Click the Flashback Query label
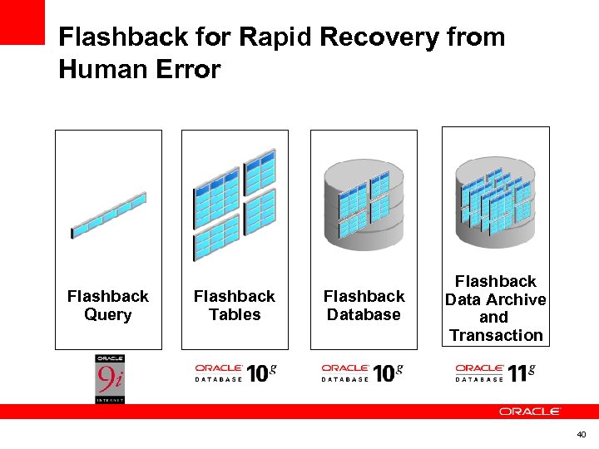pyautogui.click(x=108, y=305)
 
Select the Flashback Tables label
pyautogui.click(x=235, y=305)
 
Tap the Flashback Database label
pyautogui.click(x=364, y=305)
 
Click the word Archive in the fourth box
pyautogui.click(x=517, y=299)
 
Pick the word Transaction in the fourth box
pyautogui.click(x=496, y=335)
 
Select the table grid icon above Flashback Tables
pyautogui.click(x=234, y=205)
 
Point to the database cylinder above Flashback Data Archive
pyautogui.click(x=495, y=199)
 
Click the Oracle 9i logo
pyautogui.click(x=109, y=379)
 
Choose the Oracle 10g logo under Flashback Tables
pyautogui.click(x=235, y=373)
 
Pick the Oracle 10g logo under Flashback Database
pyautogui.click(x=362, y=373)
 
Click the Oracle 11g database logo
pyautogui.click(x=495, y=373)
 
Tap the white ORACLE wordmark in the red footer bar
pyautogui.click(x=530, y=412)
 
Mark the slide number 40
pyautogui.click(x=581, y=434)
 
